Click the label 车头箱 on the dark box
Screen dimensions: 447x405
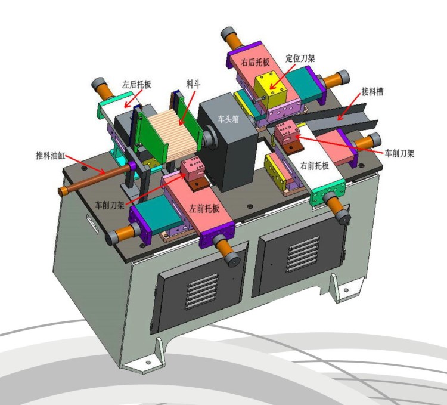tap(228, 119)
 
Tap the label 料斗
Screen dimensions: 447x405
tap(194, 84)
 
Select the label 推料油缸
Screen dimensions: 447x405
tap(50, 156)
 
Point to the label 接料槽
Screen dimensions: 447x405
tap(372, 91)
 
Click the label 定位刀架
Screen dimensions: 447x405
tap(300, 58)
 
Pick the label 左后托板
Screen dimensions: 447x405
tap(136, 84)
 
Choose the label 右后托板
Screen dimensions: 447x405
tap(255, 62)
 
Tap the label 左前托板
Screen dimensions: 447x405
tap(204, 209)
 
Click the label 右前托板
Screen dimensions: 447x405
tap(315, 165)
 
